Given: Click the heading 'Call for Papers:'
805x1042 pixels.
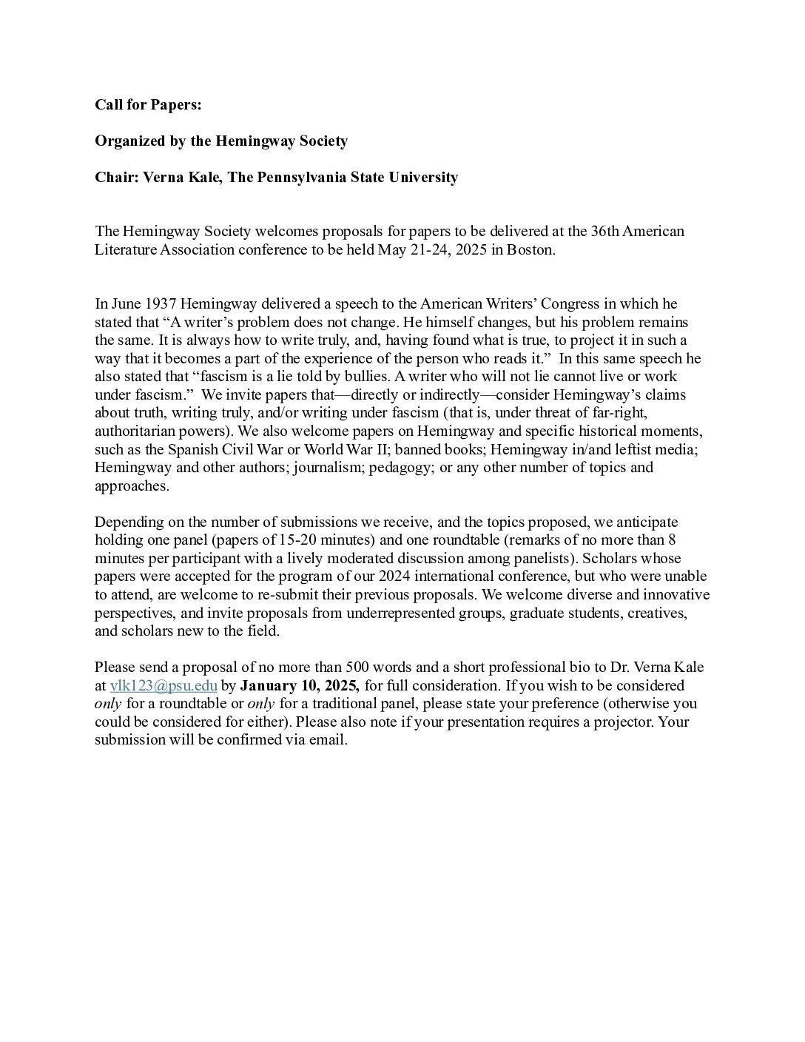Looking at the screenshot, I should [148, 105].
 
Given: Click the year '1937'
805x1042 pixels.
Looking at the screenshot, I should [161, 304].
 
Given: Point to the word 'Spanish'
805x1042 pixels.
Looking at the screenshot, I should [194, 449].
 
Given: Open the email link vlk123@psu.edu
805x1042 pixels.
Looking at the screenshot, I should [164, 686].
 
